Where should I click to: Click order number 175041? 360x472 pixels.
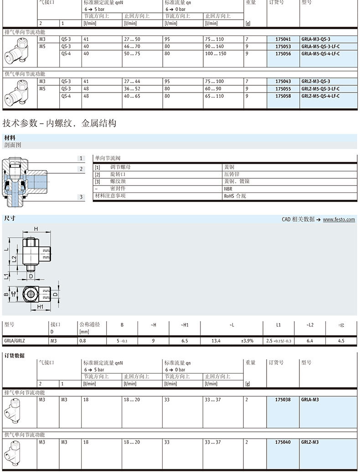(283, 39)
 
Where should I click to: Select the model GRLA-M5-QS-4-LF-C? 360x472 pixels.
(320, 54)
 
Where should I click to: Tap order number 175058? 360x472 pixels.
(283, 96)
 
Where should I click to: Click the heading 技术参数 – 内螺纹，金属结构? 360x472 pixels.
(60, 123)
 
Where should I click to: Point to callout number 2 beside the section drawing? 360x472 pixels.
(81, 169)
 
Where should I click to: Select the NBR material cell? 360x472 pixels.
(228, 188)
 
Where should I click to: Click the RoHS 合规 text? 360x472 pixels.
(235, 196)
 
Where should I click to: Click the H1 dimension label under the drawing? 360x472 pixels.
(40, 307)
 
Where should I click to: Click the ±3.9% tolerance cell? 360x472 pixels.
(247, 341)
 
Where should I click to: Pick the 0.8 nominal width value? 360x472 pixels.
(82, 341)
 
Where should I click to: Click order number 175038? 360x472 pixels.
(283, 399)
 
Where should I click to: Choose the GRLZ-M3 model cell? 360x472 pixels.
(310, 442)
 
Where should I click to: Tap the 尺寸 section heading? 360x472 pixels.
(10, 218)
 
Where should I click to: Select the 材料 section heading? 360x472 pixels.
(10, 137)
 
